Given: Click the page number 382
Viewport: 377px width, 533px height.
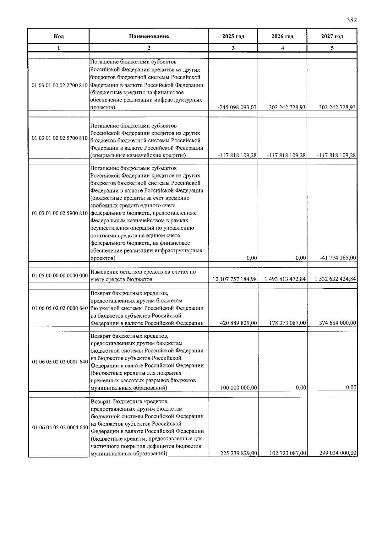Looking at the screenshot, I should click(352, 20).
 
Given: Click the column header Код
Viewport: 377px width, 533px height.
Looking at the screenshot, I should click(59, 36).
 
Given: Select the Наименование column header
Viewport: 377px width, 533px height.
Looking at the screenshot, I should click(149, 36).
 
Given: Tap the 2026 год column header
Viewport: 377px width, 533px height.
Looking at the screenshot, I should click(282, 36).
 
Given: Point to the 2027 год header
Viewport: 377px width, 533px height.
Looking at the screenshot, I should click(332, 36).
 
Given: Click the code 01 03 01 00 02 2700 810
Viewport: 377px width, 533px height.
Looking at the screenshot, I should click(60, 85).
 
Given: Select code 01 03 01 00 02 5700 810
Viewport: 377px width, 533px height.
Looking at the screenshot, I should click(60, 138).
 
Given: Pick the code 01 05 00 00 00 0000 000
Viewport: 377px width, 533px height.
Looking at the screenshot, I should click(60, 276).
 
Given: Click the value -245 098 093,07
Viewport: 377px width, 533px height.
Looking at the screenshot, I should click(237, 107).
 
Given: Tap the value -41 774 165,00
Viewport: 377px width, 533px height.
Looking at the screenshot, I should click(338, 258).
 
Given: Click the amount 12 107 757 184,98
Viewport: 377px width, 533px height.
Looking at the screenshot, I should click(235, 279).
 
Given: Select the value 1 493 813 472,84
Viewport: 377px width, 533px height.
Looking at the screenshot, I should click(285, 279).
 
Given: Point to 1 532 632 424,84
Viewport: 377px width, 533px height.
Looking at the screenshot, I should click(335, 279).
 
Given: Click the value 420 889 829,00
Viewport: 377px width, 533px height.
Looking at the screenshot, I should click(238, 323).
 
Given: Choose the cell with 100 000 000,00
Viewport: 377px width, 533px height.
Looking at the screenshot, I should click(238, 388).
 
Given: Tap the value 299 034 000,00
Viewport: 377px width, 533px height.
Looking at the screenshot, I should click(338, 453).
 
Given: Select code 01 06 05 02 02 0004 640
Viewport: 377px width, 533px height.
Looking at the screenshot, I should click(60, 427).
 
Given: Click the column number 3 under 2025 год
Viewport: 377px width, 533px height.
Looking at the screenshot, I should click(233, 48).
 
